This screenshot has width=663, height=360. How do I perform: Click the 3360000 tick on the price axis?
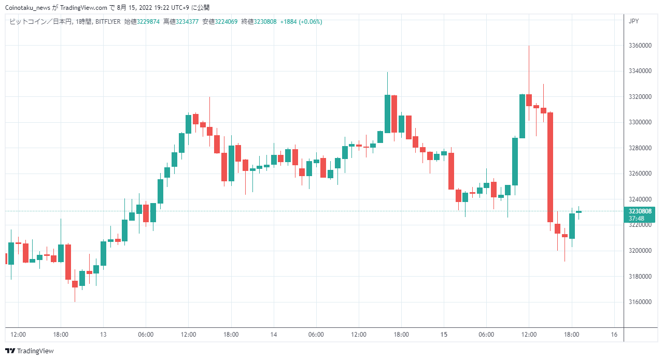[640, 45]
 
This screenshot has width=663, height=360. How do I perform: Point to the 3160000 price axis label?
[640, 301]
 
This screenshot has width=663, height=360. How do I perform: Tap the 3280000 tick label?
[640, 148]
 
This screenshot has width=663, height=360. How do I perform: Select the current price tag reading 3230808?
[640, 211]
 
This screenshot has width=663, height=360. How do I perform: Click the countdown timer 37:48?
[637, 219]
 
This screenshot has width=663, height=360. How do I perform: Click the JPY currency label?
[633, 21]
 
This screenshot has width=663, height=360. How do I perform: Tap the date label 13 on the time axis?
[103, 335]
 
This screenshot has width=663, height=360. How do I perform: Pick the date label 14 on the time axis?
[274, 335]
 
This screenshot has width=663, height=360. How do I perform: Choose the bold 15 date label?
[444, 335]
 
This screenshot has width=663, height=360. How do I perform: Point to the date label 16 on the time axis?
[614, 335]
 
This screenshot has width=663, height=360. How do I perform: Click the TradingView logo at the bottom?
[30, 351]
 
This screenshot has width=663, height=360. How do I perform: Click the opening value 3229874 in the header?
[148, 22]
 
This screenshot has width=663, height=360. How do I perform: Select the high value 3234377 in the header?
[187, 22]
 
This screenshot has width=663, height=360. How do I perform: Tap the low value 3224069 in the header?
[226, 22]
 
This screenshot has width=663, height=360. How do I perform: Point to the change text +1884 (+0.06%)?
[301, 22]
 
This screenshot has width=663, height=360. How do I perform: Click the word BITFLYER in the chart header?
[108, 22]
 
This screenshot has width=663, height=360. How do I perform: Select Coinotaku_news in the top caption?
[27, 8]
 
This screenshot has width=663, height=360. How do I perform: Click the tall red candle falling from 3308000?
[550, 167]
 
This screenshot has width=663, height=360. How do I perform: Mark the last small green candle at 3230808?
[579, 212]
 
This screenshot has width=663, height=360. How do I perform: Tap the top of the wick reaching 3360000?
[529, 46]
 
